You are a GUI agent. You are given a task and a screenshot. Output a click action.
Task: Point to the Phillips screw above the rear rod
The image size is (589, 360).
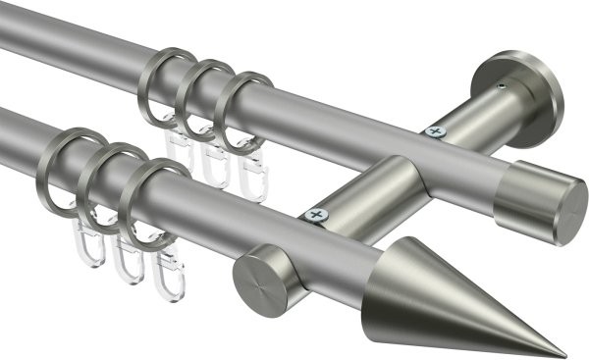pyautogui.click(x=435, y=130)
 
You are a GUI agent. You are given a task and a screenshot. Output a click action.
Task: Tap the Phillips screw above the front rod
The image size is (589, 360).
pyautogui.click(x=315, y=213)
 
